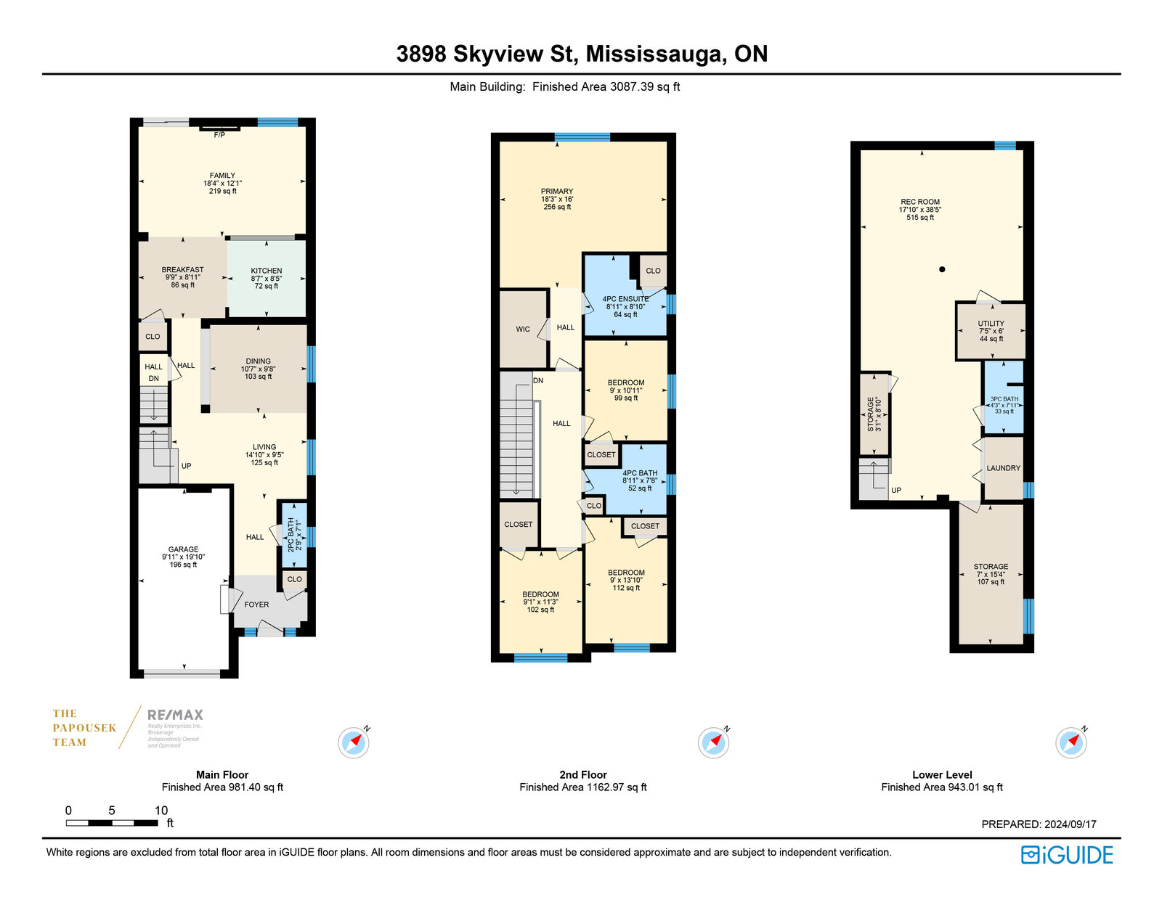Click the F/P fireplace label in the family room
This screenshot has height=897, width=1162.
[x=219, y=135]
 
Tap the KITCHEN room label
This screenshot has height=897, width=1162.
[x=267, y=271]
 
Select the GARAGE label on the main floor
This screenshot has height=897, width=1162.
[x=184, y=549]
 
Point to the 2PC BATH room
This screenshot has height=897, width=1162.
[x=294, y=535]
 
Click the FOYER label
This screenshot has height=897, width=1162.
[x=256, y=605]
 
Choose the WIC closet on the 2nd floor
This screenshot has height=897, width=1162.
[x=523, y=329]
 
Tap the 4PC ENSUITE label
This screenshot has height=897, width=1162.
[x=625, y=299]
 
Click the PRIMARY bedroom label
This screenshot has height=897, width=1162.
[x=557, y=192]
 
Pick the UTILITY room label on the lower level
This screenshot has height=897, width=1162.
[x=991, y=323]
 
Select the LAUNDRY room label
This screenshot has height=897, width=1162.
[x=1003, y=468]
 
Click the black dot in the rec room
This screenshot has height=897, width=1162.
[x=942, y=269]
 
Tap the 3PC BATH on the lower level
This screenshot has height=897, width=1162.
[x=1004, y=397]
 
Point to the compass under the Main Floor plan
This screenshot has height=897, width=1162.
[x=354, y=742]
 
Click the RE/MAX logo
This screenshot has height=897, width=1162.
[x=176, y=715]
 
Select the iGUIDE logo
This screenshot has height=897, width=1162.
[x=1068, y=855]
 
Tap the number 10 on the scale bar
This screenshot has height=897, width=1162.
[x=161, y=811]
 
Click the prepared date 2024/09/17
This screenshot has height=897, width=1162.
[x=1070, y=824]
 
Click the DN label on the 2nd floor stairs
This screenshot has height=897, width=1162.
[x=538, y=381]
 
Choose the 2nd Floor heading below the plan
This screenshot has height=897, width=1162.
[x=583, y=774]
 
